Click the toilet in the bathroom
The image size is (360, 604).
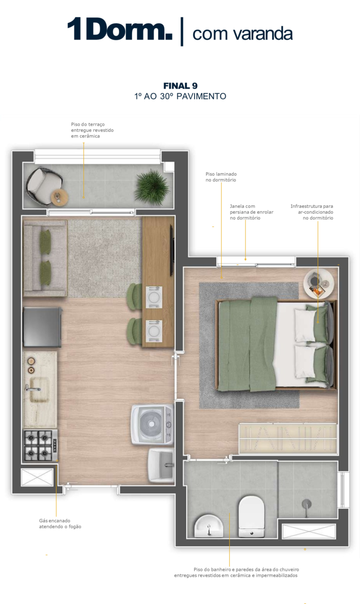pos(252,516)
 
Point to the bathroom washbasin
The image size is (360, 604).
pos(209,526)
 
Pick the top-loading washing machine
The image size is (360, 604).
pos(152,424)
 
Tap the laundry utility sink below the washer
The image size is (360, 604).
pos(161,465)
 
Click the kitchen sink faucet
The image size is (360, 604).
pos(33,389)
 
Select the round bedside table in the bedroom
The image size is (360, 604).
pos(318,284)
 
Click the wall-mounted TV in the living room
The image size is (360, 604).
pos(172,250)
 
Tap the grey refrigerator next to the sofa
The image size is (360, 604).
pos(42,327)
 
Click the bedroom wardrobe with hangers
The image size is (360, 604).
pos(288,439)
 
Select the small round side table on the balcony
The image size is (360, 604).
pos(60,196)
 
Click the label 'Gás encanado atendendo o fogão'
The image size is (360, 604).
pos(60,523)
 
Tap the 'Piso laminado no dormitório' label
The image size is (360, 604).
pos(221,177)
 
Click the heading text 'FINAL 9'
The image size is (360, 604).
pos(180,86)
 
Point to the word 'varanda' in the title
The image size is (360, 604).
pos(262,34)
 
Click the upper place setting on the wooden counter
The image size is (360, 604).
pos(154,297)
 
